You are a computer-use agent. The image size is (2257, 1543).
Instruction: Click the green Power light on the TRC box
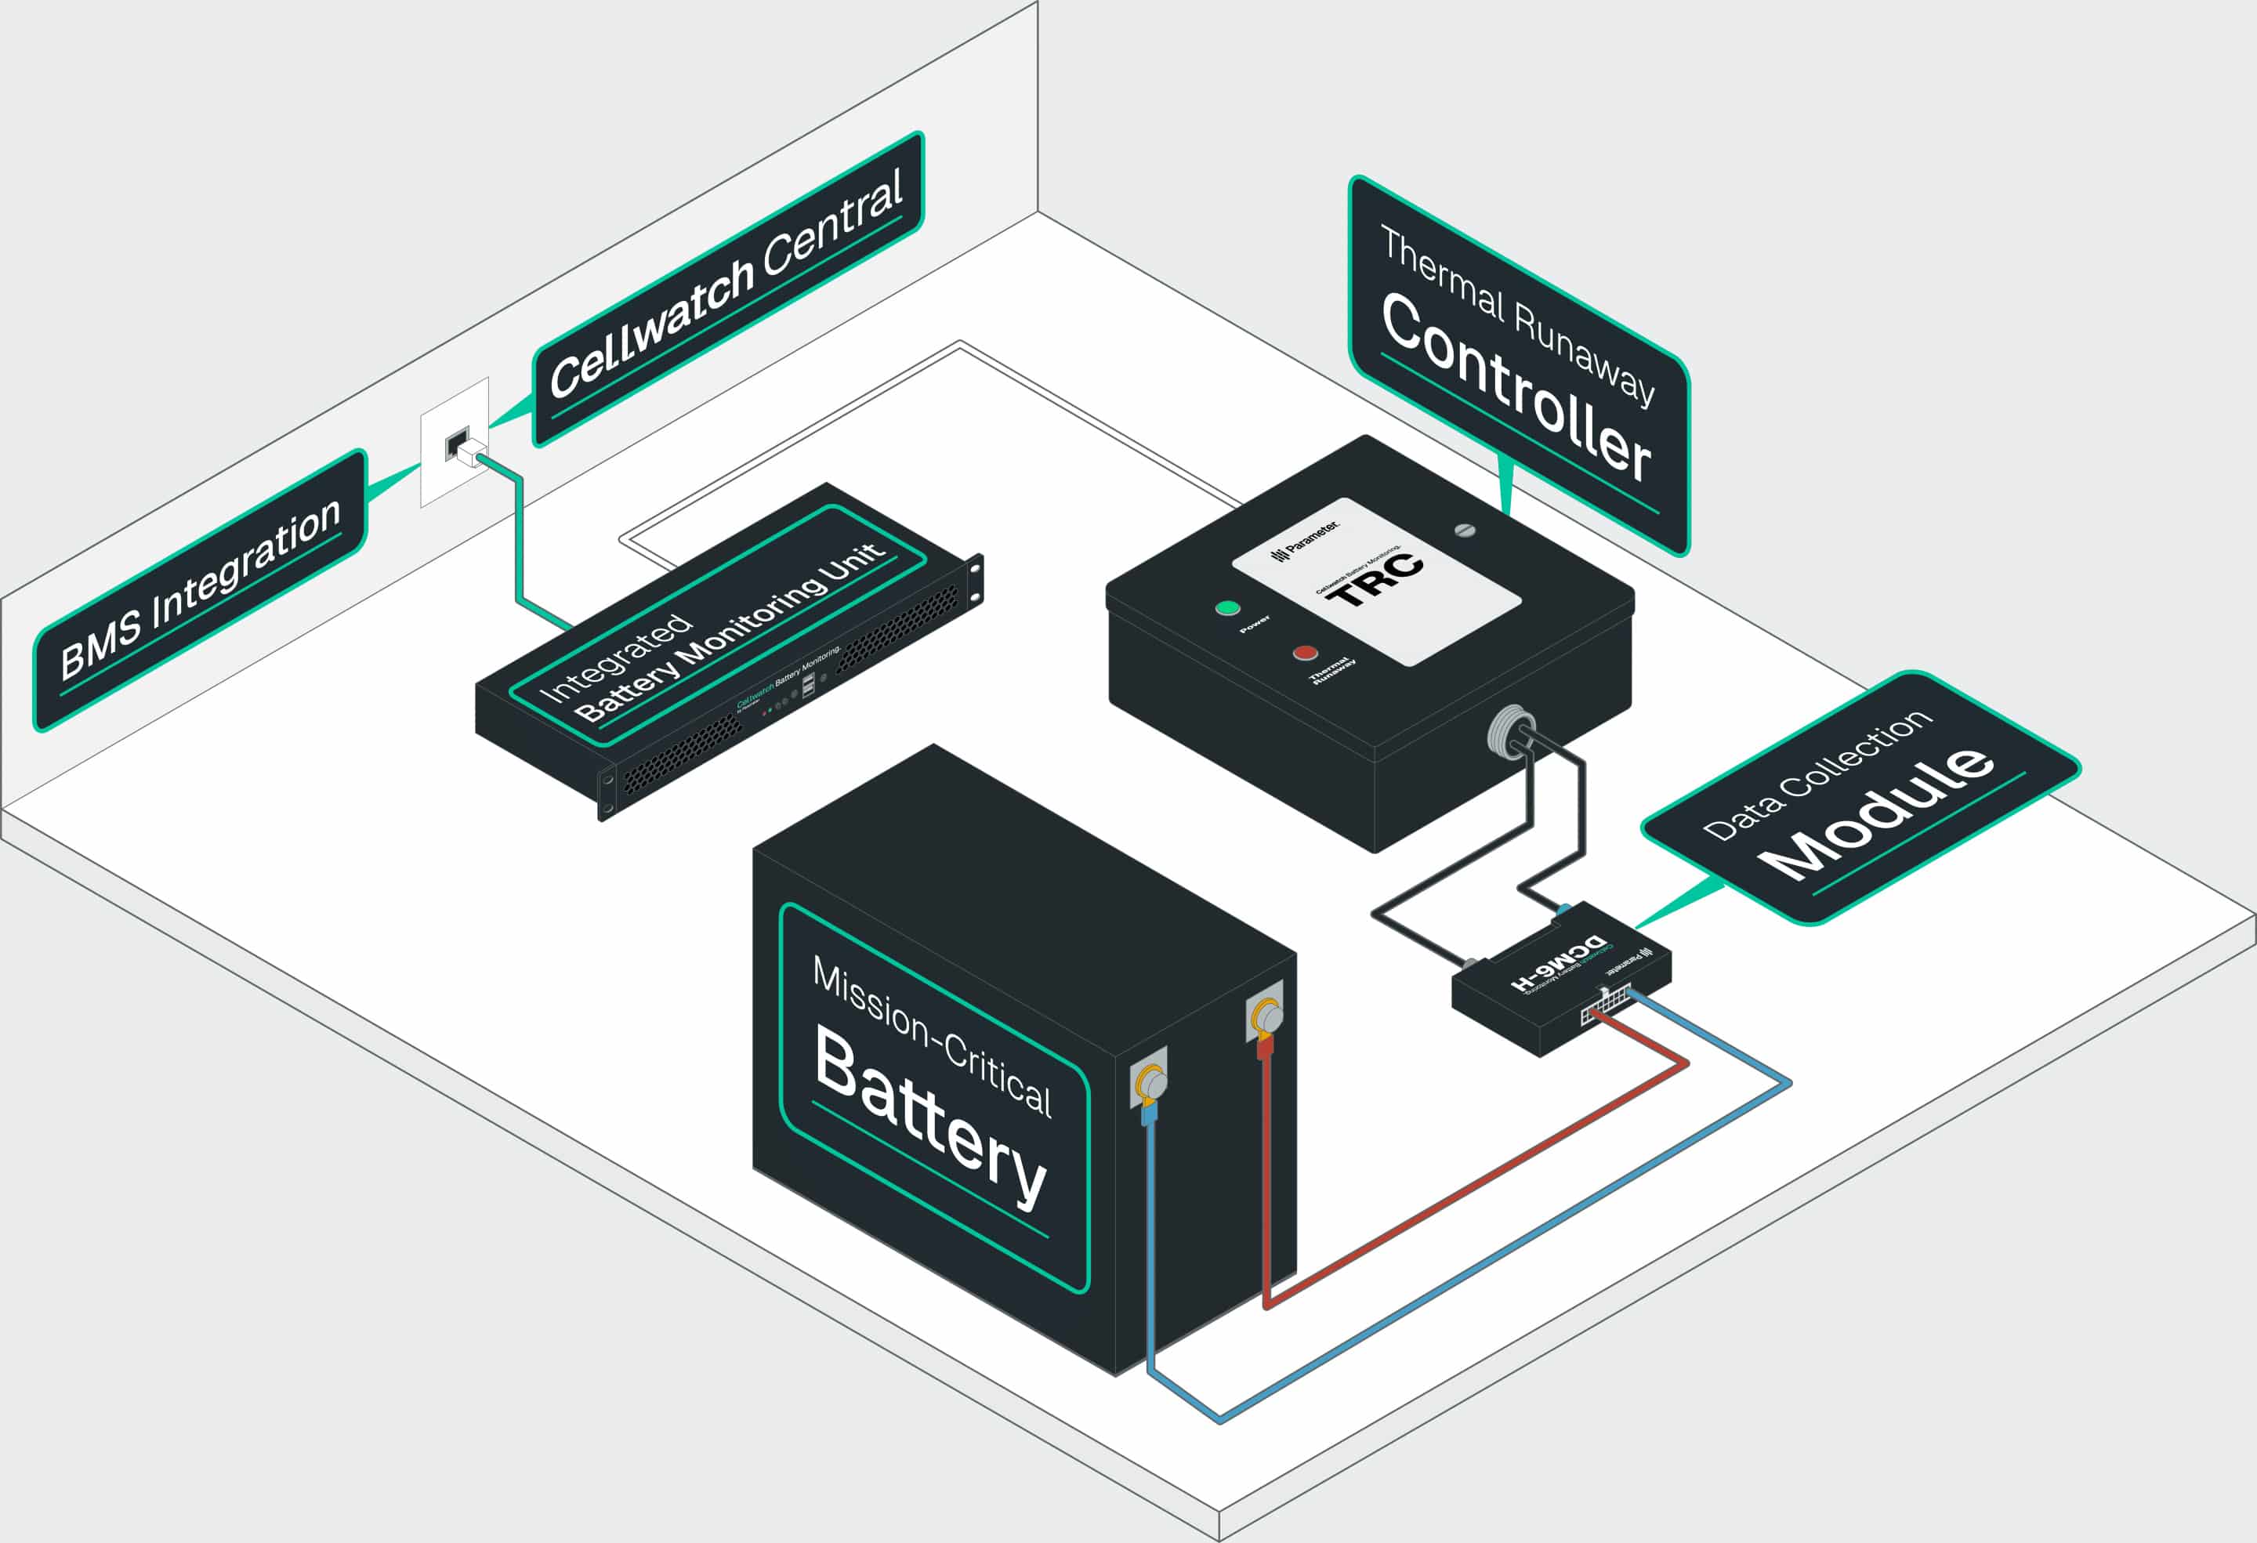tap(1227, 609)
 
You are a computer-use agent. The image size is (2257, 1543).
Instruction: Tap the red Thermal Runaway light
tap(1306, 653)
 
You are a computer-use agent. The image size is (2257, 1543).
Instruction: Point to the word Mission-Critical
tap(931, 1036)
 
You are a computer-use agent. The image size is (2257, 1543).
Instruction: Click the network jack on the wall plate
tap(456, 445)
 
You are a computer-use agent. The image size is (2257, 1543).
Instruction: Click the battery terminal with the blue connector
tap(1150, 1081)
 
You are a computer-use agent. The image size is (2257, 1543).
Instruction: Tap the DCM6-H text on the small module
tap(1558, 962)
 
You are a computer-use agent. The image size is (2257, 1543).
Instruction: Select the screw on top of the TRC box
tap(1465, 531)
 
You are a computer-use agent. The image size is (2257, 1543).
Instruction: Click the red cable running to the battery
tap(1476, 1186)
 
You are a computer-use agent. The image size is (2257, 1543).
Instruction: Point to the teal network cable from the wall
tap(519, 544)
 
